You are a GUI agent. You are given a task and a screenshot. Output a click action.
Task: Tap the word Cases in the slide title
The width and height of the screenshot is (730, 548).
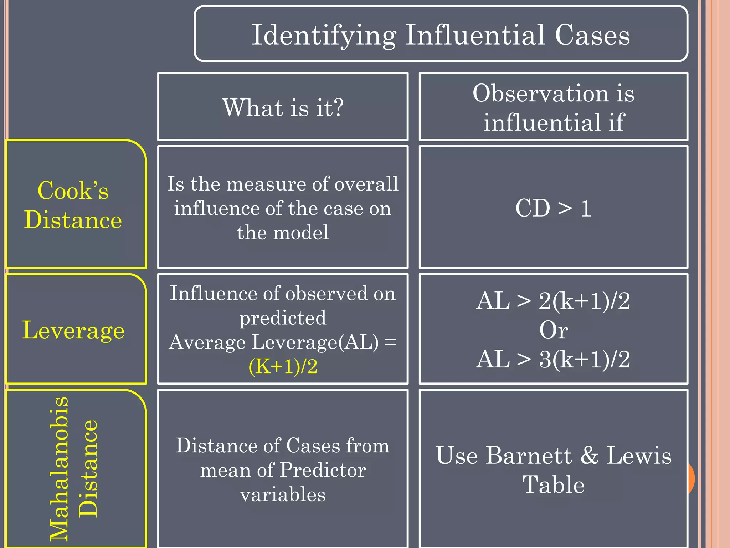point(592,35)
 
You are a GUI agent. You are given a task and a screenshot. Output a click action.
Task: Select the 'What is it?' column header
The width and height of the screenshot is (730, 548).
point(283,107)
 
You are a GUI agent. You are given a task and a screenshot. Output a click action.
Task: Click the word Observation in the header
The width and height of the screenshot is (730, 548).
point(540,93)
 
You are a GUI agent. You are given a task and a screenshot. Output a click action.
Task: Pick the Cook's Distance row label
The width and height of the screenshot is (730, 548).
point(73,205)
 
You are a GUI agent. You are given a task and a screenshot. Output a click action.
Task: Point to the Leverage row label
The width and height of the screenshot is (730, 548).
point(73,330)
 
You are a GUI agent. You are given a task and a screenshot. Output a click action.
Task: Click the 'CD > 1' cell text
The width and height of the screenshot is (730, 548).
point(553,208)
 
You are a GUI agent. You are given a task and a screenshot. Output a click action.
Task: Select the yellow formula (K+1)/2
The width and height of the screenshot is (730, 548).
point(283,366)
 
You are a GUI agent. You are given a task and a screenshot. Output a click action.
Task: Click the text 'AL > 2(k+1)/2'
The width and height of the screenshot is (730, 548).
point(553,301)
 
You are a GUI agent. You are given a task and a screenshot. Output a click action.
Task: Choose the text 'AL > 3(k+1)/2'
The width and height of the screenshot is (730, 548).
point(553,359)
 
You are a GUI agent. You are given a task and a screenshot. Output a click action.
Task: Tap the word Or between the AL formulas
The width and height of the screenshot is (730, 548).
point(553,330)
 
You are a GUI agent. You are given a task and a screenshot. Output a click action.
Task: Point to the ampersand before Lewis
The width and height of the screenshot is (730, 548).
point(589,456)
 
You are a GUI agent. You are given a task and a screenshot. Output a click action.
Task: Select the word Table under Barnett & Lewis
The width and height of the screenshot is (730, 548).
point(553,485)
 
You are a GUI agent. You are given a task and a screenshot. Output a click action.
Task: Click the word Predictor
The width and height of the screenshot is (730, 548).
point(323,470)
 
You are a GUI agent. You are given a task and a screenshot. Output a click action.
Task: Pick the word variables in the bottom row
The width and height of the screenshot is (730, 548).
point(283,494)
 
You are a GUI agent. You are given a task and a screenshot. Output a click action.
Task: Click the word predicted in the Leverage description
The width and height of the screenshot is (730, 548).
point(283,318)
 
